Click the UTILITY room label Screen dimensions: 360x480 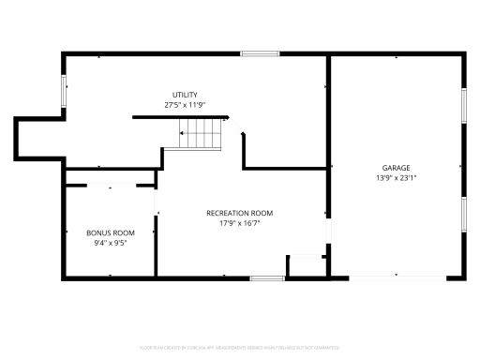184,95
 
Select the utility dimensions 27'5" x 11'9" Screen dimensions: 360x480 184,105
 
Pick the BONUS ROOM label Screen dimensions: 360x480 111,232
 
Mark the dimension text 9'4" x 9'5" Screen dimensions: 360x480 111,243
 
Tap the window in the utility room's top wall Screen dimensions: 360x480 260,54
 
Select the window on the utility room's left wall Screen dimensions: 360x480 64,91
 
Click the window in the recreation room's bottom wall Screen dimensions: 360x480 267,277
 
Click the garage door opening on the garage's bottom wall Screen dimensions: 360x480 395,277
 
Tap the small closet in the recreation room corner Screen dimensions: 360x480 305,266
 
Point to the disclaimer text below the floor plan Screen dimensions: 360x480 239,347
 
